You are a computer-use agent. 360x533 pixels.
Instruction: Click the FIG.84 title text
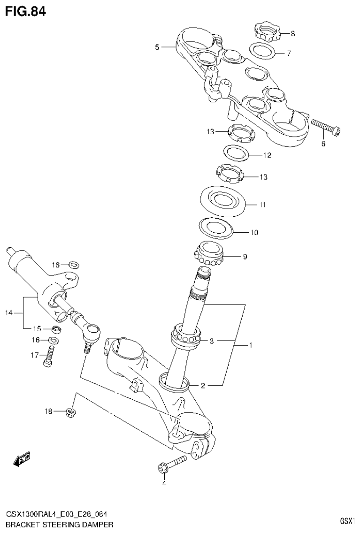point(25,11)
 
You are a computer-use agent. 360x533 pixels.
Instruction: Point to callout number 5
point(158,47)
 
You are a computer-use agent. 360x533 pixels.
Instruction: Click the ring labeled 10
point(215,228)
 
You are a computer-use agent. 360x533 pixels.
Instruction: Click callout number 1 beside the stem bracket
point(251,346)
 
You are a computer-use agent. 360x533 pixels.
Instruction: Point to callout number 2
point(203,386)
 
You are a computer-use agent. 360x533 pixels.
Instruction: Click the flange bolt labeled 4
point(171,464)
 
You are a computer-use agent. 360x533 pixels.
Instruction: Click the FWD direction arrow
point(23,460)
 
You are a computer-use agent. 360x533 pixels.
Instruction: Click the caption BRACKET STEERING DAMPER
point(60,523)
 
